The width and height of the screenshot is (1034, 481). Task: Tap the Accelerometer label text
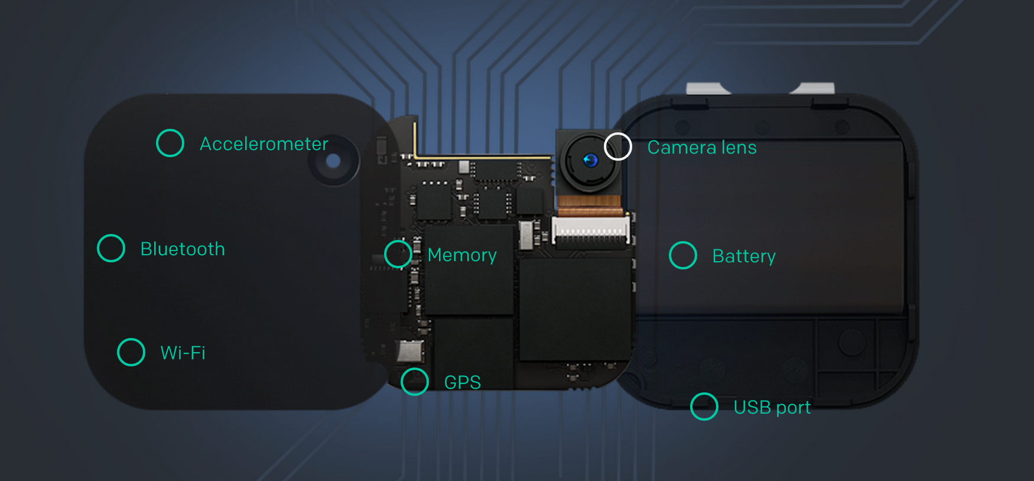coord(264,144)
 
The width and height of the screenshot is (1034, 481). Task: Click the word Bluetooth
coord(183,249)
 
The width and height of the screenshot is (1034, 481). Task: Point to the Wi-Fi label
coord(183,353)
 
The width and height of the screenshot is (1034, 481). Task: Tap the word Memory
coord(462,255)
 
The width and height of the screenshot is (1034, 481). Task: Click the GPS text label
coord(463,382)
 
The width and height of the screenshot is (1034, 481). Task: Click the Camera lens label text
coord(702,147)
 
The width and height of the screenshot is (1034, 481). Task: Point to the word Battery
coord(744,256)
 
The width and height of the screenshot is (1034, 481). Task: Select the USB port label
coord(772,408)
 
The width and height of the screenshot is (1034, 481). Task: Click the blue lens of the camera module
coord(590,160)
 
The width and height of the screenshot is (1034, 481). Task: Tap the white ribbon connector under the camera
coord(590,230)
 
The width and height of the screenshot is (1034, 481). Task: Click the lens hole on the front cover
coord(333,161)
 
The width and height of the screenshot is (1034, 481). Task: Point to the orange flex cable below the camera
coord(590,204)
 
